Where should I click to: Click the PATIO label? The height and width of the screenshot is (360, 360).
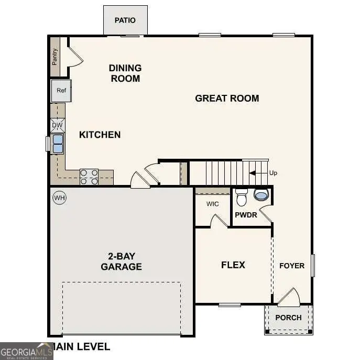[125, 20]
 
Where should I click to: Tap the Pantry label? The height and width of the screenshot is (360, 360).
[55, 57]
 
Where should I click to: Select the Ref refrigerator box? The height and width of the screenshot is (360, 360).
[61, 91]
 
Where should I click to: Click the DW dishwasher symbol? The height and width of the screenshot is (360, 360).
[58, 126]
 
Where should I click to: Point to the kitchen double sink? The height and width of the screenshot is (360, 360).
[57, 144]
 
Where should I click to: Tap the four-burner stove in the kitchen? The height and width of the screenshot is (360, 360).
[89, 177]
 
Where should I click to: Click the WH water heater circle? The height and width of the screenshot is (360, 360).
[59, 198]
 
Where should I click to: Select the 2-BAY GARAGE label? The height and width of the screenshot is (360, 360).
[121, 261]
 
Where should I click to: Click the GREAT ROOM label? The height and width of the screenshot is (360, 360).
[227, 98]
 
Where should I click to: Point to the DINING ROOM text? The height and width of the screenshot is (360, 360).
[125, 73]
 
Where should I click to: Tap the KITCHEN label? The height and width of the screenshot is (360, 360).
[100, 135]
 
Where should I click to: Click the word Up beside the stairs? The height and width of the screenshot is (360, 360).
[273, 173]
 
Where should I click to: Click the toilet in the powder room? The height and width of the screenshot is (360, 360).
[242, 198]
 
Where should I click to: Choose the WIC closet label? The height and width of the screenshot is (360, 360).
[212, 204]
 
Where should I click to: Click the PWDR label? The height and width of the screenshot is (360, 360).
[245, 215]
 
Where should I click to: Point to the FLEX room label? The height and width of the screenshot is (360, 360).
[233, 265]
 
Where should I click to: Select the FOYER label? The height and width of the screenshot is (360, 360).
[291, 266]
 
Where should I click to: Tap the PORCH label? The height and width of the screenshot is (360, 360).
[288, 317]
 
